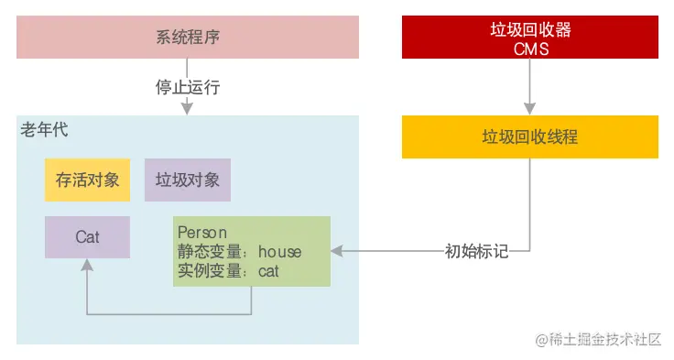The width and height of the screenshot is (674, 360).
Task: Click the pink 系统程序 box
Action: coord(188,38)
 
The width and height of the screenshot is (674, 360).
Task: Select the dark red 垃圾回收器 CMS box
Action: coord(530,38)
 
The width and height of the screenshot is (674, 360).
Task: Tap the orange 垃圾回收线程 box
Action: coord(530,136)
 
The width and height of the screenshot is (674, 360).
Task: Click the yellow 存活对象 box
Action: coord(88,180)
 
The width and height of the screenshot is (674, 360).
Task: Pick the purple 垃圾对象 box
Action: coord(188,180)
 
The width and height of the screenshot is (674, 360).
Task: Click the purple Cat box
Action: coord(88,237)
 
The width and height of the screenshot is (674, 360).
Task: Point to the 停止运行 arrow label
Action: coord(188,88)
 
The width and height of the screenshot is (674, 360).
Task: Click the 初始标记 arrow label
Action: coord(476,250)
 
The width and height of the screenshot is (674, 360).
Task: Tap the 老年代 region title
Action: coord(44,130)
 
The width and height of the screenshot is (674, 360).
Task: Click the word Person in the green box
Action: coord(202,233)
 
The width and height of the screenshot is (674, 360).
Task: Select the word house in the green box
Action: coord(279,251)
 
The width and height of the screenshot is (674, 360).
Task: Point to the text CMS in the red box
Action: coord(531,49)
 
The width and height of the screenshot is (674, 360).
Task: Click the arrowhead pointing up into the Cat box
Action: coord(88,264)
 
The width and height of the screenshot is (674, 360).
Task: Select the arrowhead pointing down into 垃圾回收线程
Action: coord(530,109)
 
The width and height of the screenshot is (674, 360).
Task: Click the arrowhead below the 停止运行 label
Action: coord(188,109)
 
